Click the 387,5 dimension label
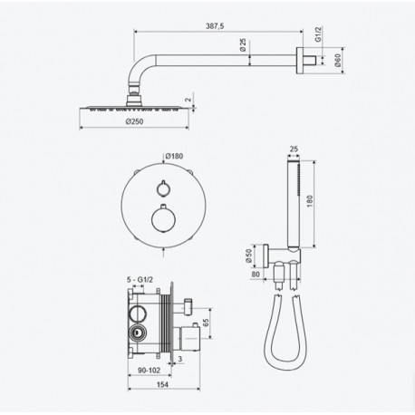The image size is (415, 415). [x=215, y=26]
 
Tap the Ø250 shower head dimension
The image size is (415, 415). [x=134, y=121]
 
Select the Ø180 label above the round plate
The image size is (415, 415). [x=174, y=156]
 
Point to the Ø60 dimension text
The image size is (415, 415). [x=337, y=60]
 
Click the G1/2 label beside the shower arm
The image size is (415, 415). [x=318, y=34]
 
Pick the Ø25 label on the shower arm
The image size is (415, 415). [x=243, y=44]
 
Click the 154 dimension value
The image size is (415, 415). [x=162, y=384]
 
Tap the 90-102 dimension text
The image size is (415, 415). [x=150, y=370]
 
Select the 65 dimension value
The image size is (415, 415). [x=206, y=323]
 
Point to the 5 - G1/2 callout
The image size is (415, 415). [x=140, y=280]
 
